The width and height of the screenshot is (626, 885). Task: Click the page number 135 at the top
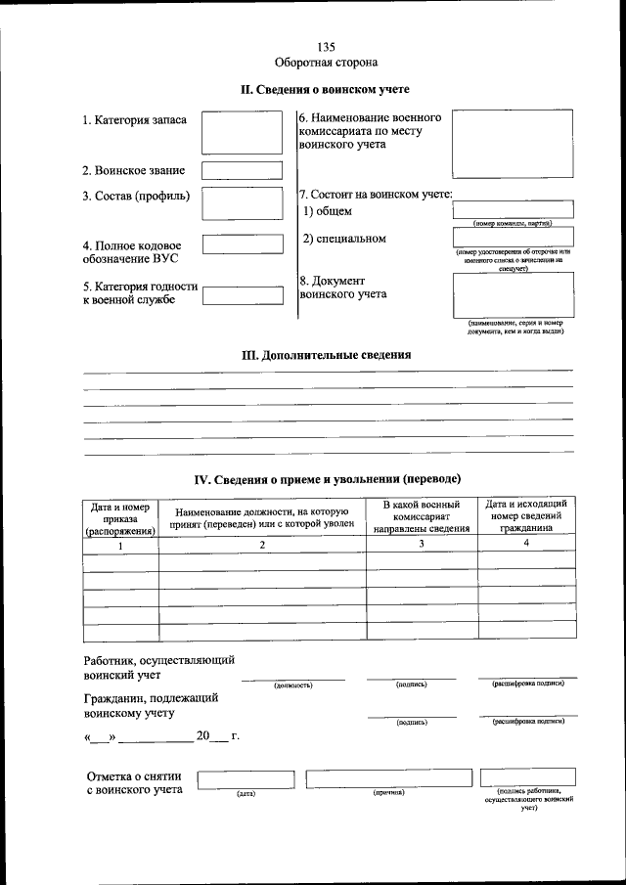[326, 47]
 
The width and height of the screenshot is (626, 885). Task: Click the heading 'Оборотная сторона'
[326, 63]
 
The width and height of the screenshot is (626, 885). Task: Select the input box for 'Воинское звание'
[241, 170]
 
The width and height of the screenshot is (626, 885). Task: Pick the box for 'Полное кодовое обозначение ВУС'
[241, 248]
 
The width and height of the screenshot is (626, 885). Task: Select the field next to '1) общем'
[513, 208]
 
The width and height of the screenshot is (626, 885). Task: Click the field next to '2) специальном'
[513, 237]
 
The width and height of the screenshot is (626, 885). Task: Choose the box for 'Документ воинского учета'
[513, 294]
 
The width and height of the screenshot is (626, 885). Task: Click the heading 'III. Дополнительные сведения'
[326, 356]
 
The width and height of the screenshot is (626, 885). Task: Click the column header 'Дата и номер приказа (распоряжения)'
[120, 519]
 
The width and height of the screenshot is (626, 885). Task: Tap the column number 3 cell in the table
[422, 545]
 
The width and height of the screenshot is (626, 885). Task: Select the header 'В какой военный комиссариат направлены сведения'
[422, 515]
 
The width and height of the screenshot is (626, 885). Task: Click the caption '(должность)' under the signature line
[292, 686]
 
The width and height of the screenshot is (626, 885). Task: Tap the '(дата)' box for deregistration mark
[246, 778]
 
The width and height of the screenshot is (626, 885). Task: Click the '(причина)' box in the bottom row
[389, 778]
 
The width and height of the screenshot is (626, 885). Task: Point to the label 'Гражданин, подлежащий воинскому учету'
[151, 706]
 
